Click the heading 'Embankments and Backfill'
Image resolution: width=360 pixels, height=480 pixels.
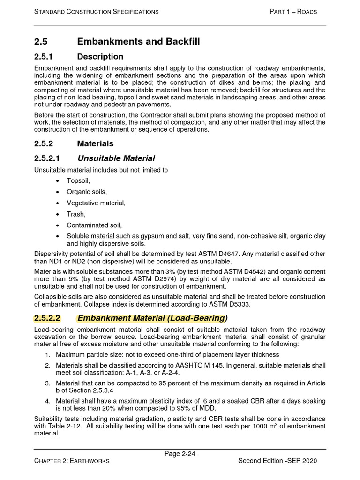tap(138, 42)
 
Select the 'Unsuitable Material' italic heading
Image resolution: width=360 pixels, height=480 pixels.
tap(116, 158)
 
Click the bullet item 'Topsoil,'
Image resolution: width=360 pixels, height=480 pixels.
tap(78, 180)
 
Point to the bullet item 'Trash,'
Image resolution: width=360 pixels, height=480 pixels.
tap(76, 214)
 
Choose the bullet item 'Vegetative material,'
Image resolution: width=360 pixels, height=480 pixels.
tap(96, 203)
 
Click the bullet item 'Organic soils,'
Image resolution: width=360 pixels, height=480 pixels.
tap(87, 192)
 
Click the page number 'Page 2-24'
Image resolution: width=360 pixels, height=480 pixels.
tap(180, 453)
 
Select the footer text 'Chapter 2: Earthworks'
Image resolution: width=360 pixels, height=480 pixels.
tap(72, 461)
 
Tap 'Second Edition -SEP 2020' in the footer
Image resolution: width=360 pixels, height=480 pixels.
tap(277, 461)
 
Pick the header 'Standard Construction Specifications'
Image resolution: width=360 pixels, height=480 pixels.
tap(96, 12)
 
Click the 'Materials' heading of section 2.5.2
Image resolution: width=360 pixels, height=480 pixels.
tap(95, 143)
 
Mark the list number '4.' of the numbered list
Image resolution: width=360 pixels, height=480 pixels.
tap(48, 401)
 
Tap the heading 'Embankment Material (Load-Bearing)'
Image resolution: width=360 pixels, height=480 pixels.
tap(152, 318)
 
